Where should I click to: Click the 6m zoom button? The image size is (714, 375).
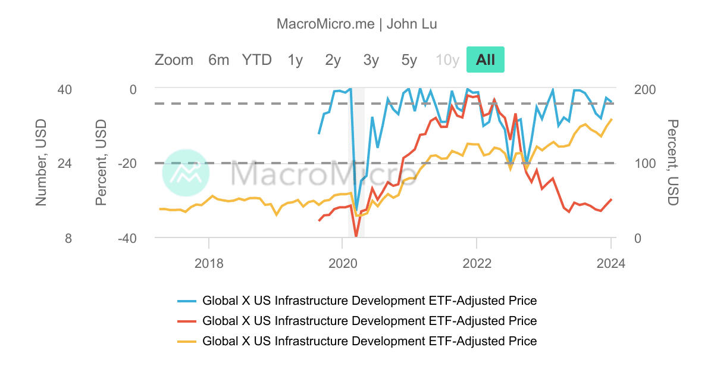tap(218, 60)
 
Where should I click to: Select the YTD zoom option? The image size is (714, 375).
tap(256, 60)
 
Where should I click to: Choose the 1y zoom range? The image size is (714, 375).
tap(295, 60)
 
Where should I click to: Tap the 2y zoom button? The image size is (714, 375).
tap(333, 60)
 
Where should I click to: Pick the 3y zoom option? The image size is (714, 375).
tap(371, 60)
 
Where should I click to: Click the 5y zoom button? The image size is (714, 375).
tap(409, 60)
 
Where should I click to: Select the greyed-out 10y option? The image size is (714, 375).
tap(447, 60)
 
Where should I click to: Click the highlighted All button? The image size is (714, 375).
tap(485, 60)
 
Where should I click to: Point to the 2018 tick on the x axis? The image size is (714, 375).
tap(209, 263)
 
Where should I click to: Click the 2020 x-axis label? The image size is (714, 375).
tap(342, 263)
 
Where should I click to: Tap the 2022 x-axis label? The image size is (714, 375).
tap(477, 263)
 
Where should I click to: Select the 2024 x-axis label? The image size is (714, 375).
tap(610, 263)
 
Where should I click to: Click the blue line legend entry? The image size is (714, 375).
tap(369, 300)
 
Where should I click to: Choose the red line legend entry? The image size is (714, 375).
tap(369, 321)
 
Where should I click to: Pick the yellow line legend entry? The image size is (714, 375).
tap(369, 341)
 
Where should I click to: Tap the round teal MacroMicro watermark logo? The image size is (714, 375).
tap(186, 173)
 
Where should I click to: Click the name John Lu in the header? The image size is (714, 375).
tap(412, 24)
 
